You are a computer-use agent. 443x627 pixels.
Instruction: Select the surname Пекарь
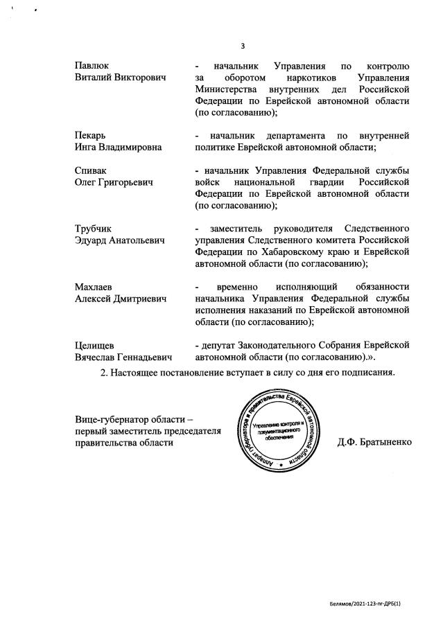[90, 134]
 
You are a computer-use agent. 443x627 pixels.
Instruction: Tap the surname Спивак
[91, 170]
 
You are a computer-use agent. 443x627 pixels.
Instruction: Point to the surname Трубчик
[93, 228]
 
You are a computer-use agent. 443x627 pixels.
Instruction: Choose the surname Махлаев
[94, 286]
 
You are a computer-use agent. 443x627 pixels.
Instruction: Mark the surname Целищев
[95, 344]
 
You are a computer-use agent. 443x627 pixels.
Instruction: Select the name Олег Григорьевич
[114, 182]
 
